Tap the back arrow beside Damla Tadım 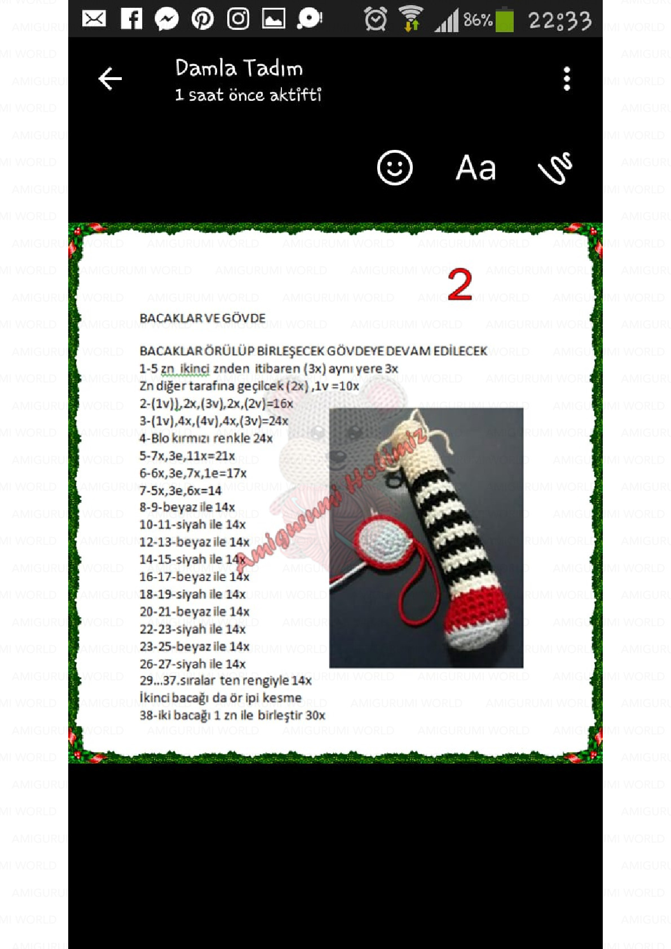click(x=110, y=79)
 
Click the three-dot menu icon click(x=567, y=79)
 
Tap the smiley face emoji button click(x=395, y=168)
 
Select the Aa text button click(x=475, y=168)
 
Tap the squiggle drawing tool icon click(x=555, y=168)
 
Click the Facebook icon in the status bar click(x=131, y=19)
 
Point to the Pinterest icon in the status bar click(x=202, y=19)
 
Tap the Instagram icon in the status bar click(x=238, y=19)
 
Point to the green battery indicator click(x=505, y=20)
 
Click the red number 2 click(x=460, y=285)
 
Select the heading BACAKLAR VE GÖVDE click(x=202, y=318)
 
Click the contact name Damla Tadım click(x=239, y=68)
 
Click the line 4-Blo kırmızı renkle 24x click(x=206, y=438)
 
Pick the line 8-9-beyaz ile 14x click(x=187, y=507)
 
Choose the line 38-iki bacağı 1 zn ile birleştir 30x click(x=232, y=716)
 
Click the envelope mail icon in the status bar click(x=94, y=19)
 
